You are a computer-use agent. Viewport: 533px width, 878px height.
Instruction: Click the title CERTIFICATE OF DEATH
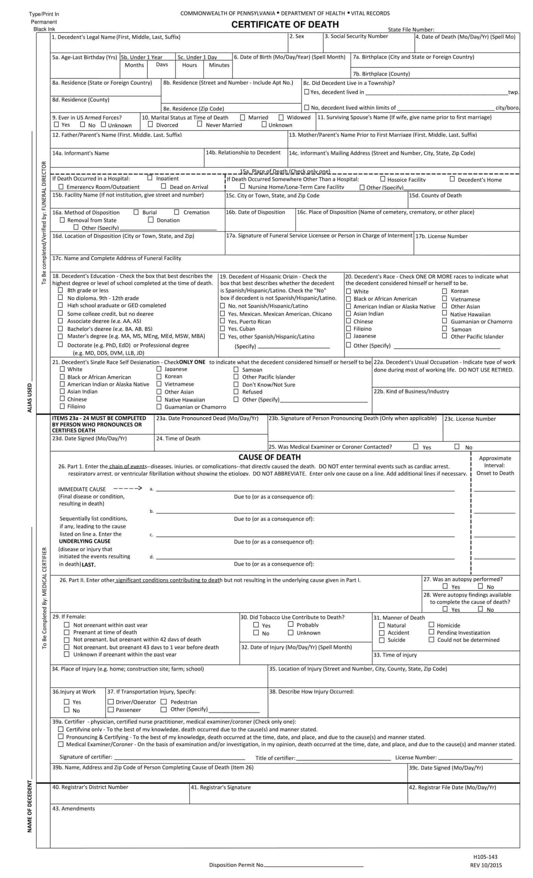(285, 25)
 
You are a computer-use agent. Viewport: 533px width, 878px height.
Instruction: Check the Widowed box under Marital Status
(281, 117)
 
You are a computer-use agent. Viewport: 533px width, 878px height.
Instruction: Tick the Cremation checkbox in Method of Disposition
(176, 212)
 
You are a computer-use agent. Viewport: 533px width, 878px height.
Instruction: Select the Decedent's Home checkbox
(452, 179)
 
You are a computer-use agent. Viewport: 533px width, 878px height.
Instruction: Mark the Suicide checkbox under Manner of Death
(382, 640)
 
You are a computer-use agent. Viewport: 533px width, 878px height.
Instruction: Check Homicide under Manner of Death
(431, 625)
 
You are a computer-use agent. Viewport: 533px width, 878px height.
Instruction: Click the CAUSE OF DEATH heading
(269, 457)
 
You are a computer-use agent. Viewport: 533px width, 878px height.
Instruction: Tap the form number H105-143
(485, 857)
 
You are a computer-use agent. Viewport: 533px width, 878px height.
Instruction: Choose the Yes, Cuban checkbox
(222, 329)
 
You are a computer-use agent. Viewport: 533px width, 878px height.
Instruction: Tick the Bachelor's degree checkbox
(61, 329)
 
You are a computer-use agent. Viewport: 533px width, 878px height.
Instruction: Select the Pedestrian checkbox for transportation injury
(164, 702)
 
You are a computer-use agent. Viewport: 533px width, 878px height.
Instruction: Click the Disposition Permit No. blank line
(313, 865)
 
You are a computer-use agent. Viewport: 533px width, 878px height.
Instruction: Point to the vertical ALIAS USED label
(29, 398)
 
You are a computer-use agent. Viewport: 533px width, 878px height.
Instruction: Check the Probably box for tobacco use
(291, 624)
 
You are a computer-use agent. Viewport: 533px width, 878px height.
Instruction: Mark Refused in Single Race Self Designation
(236, 392)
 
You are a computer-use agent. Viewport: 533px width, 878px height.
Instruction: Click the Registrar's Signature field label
(221, 787)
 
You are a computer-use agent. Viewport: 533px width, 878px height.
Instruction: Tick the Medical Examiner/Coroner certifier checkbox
(61, 744)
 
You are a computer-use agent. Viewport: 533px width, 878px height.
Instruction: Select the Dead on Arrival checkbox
(164, 186)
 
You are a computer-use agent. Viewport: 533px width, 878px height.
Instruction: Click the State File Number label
(411, 29)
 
